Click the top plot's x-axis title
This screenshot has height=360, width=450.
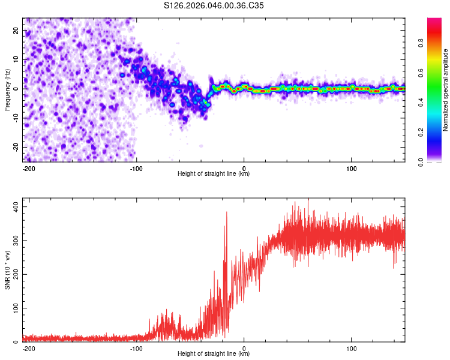214,173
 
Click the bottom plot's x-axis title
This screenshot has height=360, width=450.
214,353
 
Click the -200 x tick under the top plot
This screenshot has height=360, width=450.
28,167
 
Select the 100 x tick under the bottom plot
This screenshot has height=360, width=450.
351,347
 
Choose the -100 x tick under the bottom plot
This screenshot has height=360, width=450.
136,347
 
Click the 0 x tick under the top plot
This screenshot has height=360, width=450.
244,167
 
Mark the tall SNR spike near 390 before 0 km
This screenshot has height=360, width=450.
226,212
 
